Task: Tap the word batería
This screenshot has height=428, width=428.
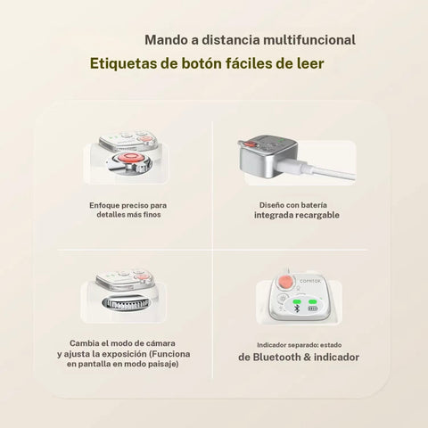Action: tap(313, 205)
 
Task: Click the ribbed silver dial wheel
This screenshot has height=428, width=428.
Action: tap(126, 303)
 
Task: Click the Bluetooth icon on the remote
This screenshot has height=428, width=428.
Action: tap(296, 309)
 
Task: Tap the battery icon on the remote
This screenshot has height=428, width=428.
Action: tap(312, 309)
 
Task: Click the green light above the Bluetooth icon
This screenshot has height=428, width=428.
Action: tap(297, 302)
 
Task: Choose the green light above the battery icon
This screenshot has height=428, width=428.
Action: tap(312, 302)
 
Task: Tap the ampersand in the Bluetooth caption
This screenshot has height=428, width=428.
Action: tap(308, 358)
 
